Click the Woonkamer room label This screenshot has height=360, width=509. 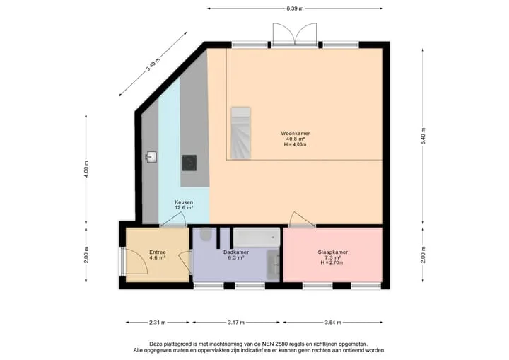pos(295,133)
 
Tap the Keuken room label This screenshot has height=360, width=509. pos(184,202)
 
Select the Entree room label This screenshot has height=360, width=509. pos(158,252)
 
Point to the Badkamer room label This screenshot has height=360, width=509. pos(236,252)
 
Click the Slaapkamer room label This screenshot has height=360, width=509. pos(333,252)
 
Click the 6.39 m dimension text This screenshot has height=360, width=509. pos(295,8)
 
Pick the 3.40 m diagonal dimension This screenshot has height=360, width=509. pos(153,64)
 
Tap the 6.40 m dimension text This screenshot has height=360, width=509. pos(423,136)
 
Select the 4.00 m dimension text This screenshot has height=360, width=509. pos(86,169)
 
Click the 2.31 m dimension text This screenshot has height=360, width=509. pos(158,323)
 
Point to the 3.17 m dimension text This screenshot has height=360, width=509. pos(236,323)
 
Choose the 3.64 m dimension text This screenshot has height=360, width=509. pos(333,323)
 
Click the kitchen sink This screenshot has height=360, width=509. pos(151,158)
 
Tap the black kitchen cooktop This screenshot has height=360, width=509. pos(189,163)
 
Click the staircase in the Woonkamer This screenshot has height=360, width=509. pos(240,133)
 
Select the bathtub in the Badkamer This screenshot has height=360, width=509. pos(257,237)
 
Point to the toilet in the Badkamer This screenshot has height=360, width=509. pos(206,235)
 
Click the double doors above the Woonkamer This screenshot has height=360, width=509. pos(295,34)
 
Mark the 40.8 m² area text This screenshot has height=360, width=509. pos(295,139)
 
